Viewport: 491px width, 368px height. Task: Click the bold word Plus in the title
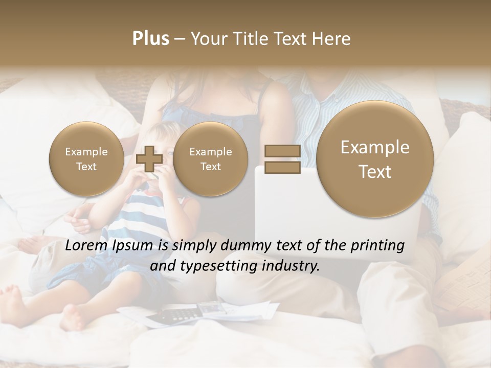point(150,39)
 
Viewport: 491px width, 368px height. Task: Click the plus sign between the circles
point(149,159)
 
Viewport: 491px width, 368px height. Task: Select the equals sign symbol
point(282,159)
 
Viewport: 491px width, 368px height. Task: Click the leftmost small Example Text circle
point(86,159)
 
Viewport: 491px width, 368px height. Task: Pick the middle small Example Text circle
point(210,159)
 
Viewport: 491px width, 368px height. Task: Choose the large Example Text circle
point(375,159)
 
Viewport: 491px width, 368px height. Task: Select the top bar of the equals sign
point(282,151)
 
